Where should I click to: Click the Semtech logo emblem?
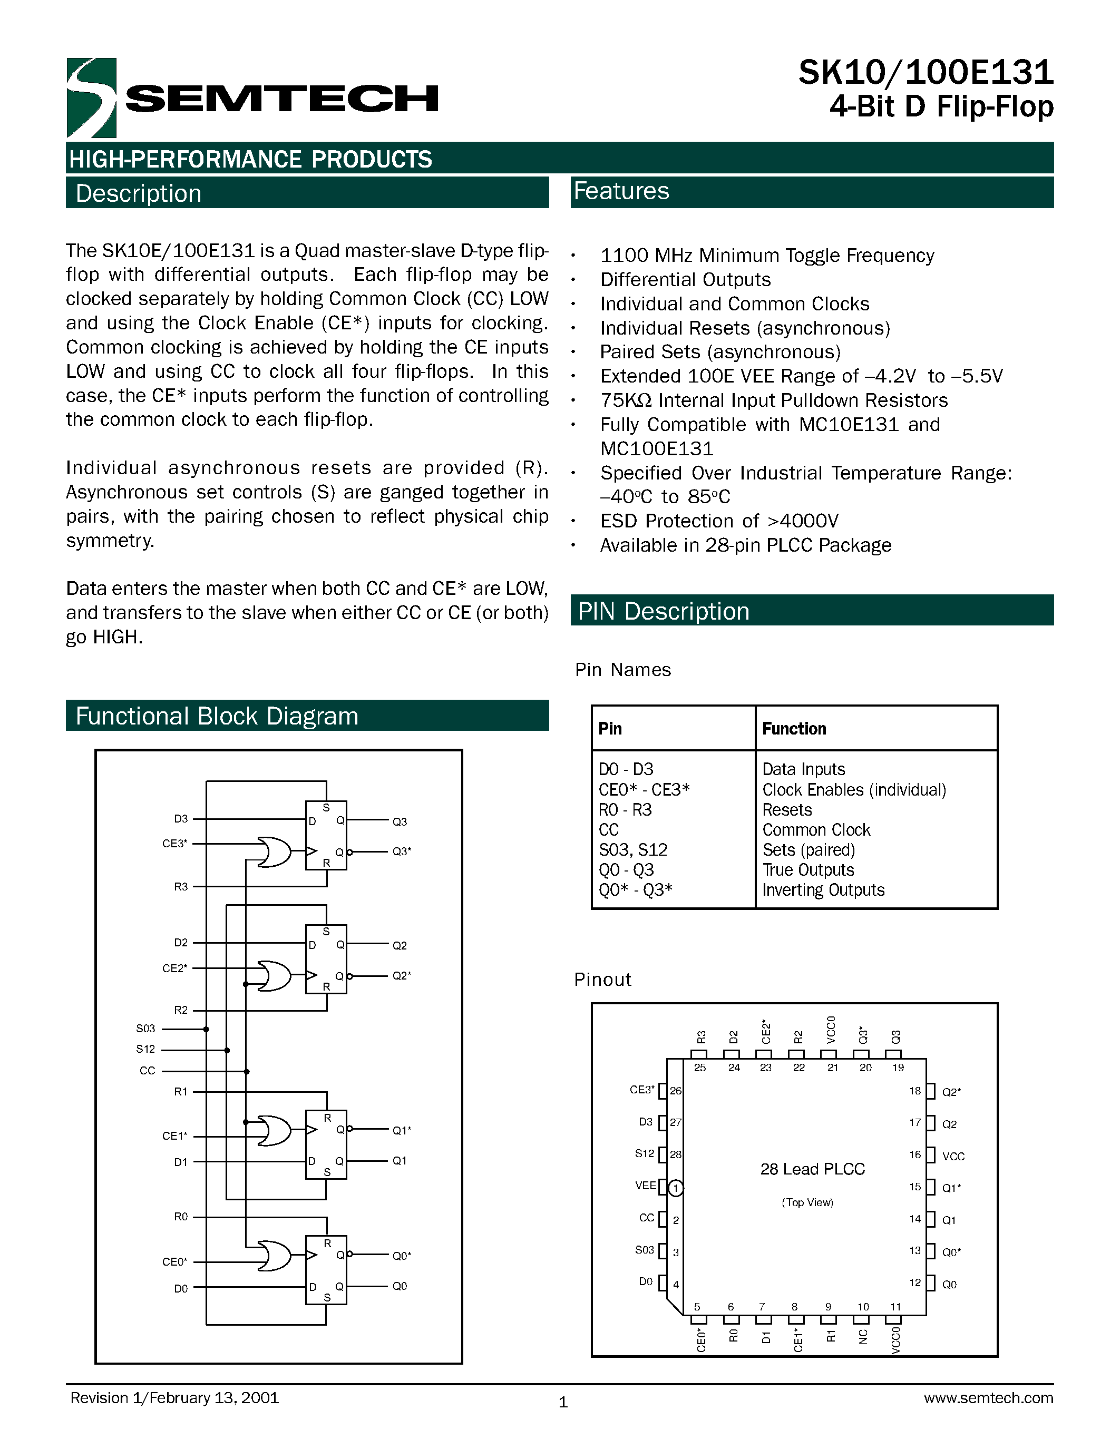coord(92,97)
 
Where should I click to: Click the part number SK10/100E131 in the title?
coord(926,73)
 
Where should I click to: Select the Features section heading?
coord(622,192)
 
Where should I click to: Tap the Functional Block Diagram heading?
coord(217,717)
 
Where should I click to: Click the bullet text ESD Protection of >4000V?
coord(719,521)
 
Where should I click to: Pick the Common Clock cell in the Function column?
coord(816,830)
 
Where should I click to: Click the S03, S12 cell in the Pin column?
coord(632,850)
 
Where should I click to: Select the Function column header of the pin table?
coord(794,729)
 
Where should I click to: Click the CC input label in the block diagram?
coord(147,1071)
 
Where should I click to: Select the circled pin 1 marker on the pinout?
coord(676,1188)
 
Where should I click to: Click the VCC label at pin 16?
coord(953,1157)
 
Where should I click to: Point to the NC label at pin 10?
coord(863,1337)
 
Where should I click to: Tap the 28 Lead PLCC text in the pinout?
coord(812,1169)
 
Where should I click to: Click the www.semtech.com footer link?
coord(988,1398)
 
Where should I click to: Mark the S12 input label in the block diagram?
coord(145,1049)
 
